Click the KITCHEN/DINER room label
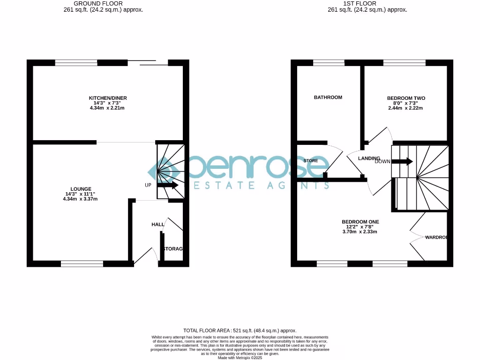coord(108,98)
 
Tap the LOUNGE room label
coord(82,189)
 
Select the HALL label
coord(157,225)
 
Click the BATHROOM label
coord(328,97)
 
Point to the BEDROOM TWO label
coord(406,98)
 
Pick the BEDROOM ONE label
coord(360,222)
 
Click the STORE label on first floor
coord(310,161)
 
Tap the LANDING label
coord(369,158)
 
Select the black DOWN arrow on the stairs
coord(402,162)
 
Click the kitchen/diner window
coord(76,62)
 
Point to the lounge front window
coord(82,264)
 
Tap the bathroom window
coord(329,62)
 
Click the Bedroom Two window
coord(404,62)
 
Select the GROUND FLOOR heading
coord(98,3)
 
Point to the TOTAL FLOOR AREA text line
coord(240,330)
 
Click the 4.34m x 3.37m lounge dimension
coord(82,199)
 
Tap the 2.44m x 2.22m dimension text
coord(406,108)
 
